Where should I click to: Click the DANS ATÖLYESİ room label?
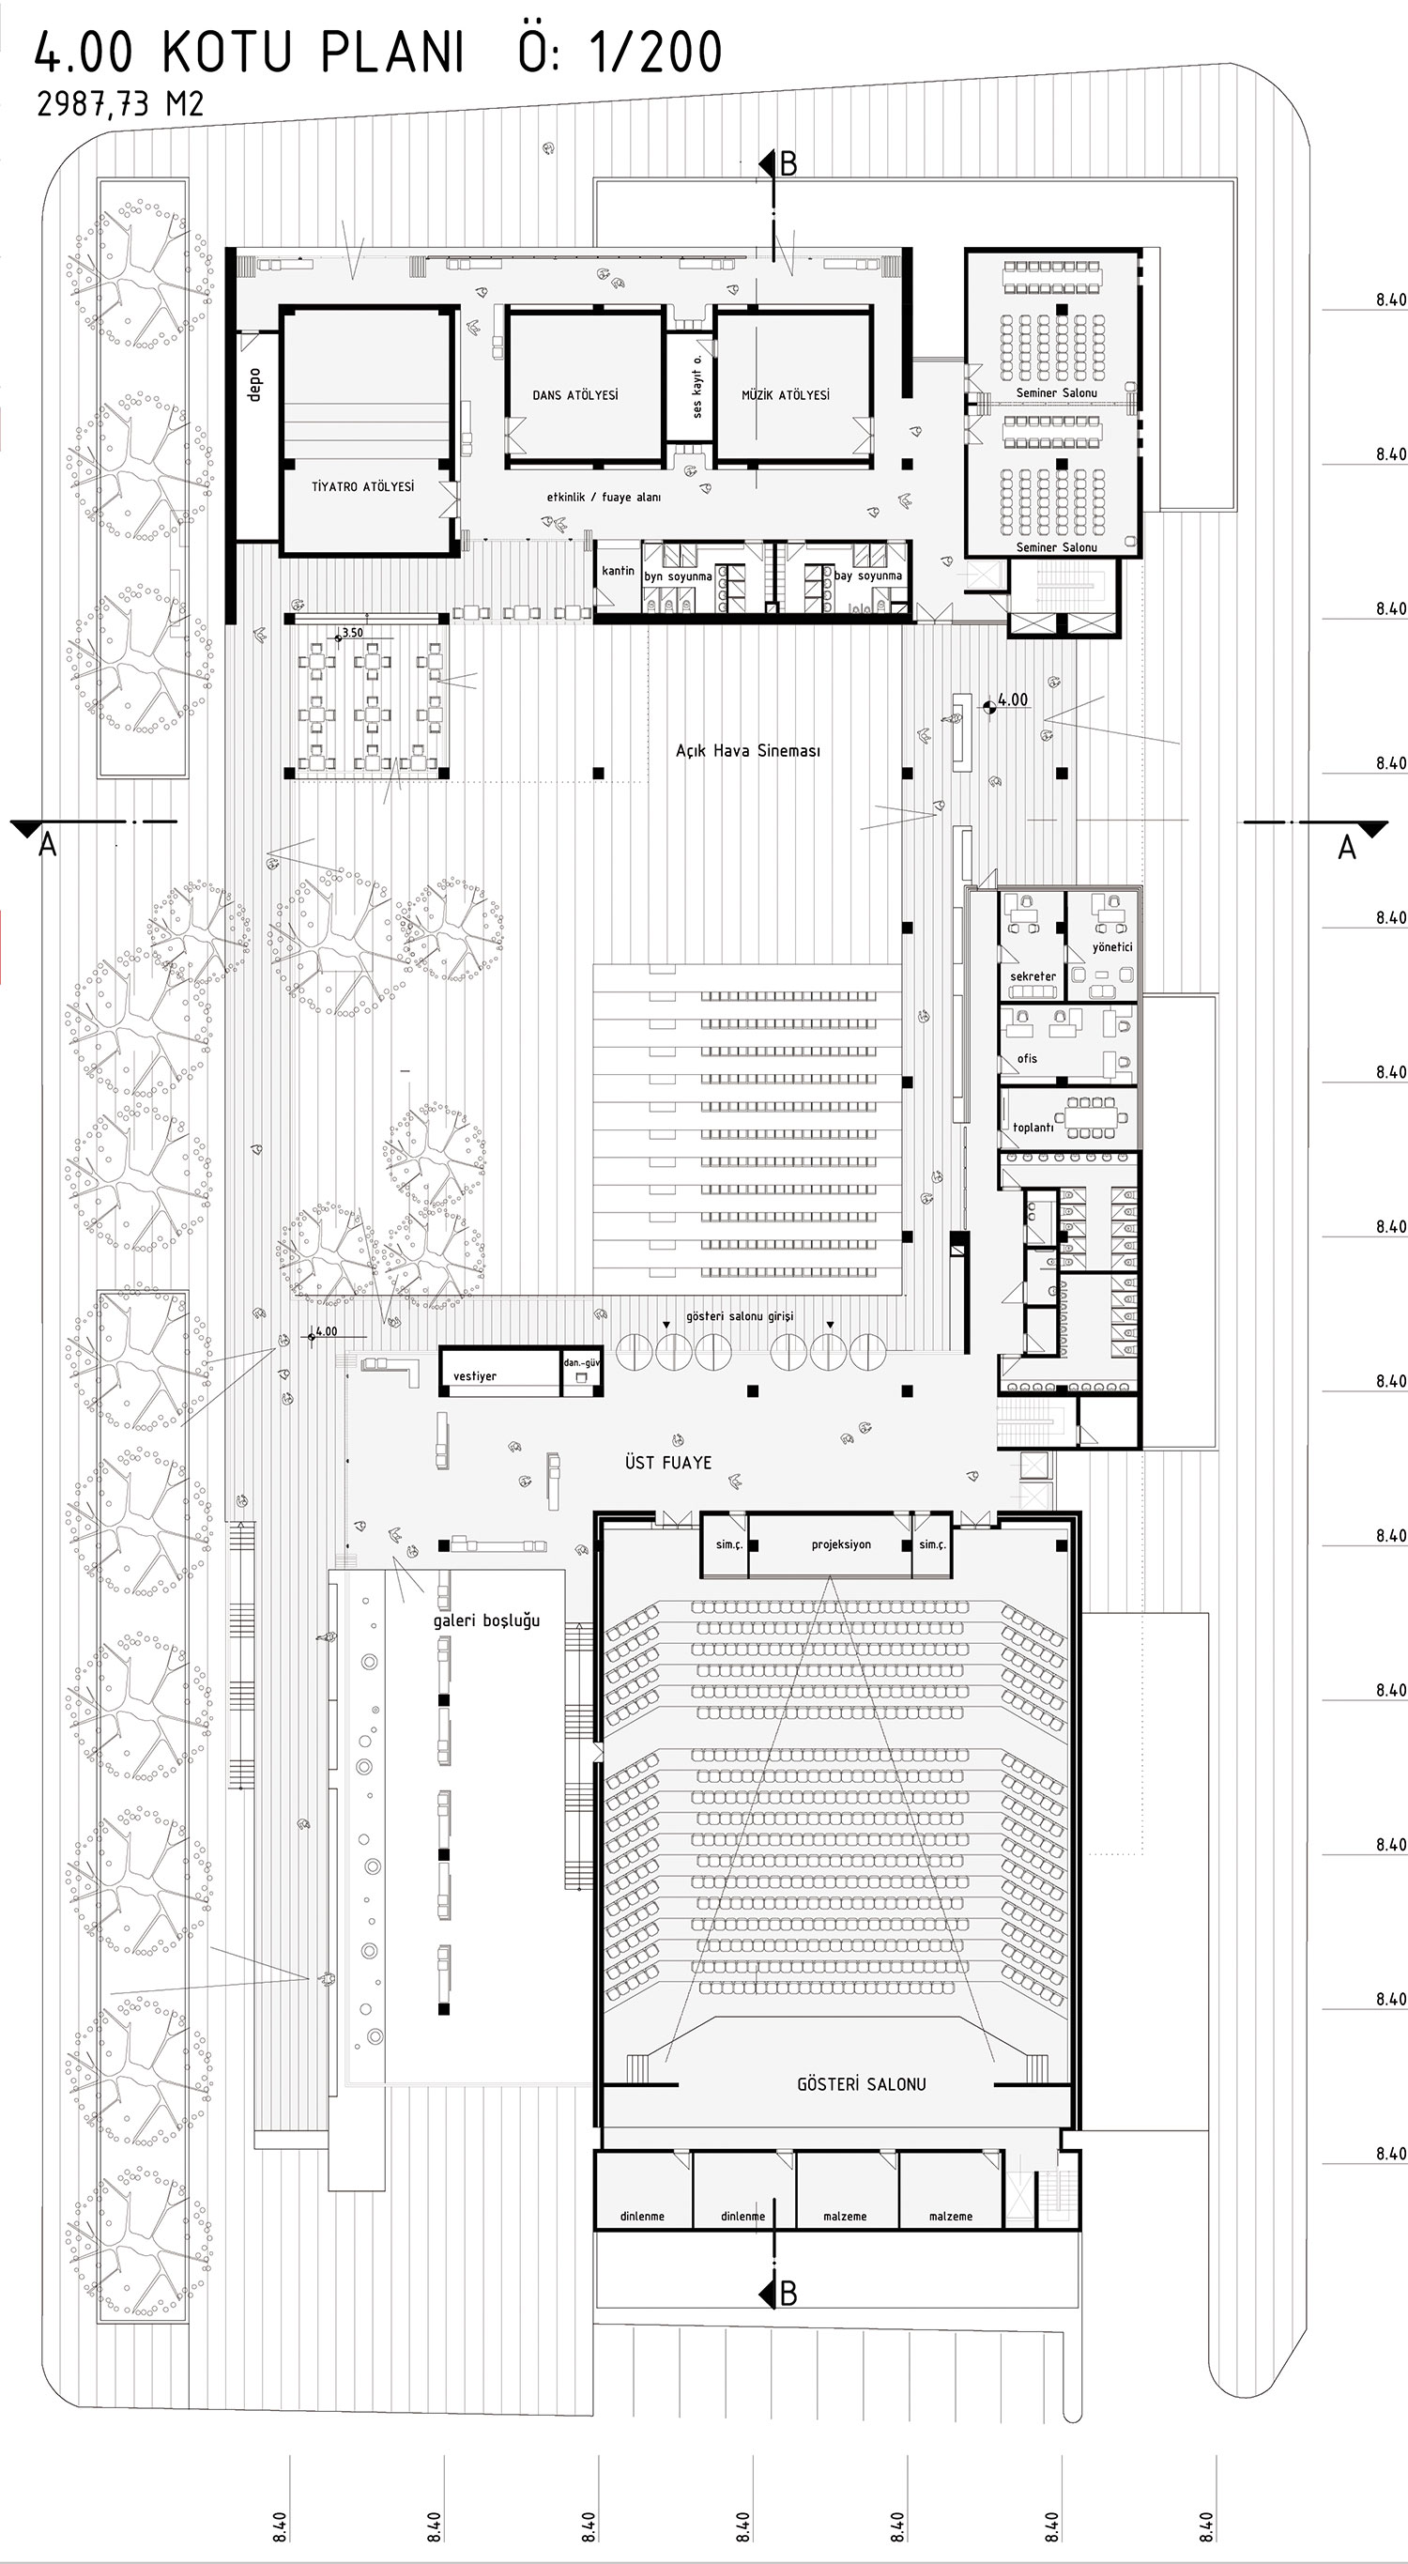575,395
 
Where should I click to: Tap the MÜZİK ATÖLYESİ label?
785,395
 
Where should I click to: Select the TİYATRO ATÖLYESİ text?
362,486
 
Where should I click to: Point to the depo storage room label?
253,385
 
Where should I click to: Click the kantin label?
618,570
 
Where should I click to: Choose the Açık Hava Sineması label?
748,750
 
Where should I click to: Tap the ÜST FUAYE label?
667,1462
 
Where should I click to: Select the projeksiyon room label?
841,1544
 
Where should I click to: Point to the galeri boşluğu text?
485,1620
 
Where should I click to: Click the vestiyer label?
475,1375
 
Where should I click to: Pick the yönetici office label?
1112,947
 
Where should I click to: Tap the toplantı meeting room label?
1033,1128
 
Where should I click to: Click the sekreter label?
1033,976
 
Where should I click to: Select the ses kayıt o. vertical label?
696,386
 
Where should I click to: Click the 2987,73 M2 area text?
120,103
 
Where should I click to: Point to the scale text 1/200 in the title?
655,53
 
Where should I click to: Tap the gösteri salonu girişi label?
740,1316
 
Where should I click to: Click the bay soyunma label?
867,576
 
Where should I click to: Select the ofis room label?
1027,1058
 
